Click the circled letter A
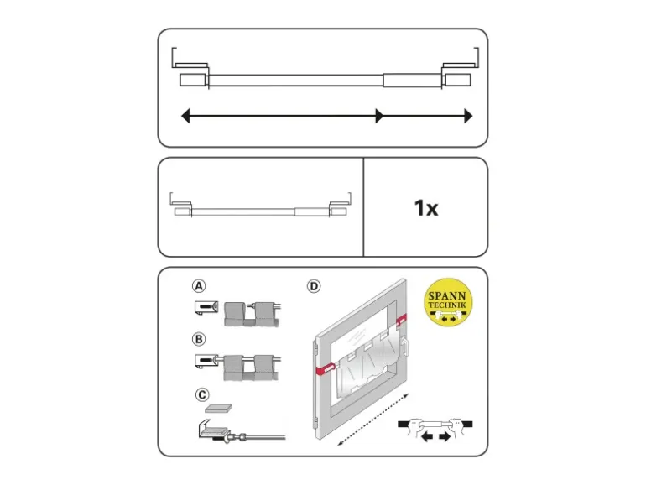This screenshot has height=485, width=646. [x=199, y=286]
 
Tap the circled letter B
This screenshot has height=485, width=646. [x=199, y=339]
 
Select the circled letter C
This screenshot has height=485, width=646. [x=202, y=394]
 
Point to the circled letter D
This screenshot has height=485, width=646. [x=314, y=286]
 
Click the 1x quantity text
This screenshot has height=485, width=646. [x=426, y=208]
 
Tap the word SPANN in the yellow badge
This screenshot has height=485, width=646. [x=447, y=296]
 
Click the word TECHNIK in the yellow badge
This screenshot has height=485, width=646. [x=447, y=305]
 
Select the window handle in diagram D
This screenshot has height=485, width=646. [x=405, y=347]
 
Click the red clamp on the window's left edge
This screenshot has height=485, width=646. [x=325, y=369]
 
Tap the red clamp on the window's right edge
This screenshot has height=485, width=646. [x=401, y=319]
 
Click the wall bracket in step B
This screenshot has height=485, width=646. [x=206, y=362]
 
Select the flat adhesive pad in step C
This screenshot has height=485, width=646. [x=218, y=409]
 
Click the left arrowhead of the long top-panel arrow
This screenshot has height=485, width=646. [x=185, y=116]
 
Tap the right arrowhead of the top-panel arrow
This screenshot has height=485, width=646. [x=468, y=116]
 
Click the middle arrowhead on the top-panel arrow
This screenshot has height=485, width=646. [x=379, y=116]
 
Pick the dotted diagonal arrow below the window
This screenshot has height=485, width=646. [x=372, y=420]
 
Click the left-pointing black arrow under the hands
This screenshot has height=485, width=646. [x=427, y=436]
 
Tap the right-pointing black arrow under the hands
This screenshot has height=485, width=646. [x=445, y=436]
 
